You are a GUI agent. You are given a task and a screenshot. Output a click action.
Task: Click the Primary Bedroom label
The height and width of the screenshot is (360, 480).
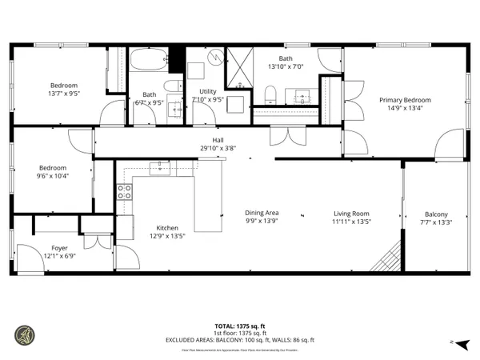[x=405, y=100]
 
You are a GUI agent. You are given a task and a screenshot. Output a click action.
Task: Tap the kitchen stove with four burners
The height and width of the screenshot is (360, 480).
[x=125, y=192]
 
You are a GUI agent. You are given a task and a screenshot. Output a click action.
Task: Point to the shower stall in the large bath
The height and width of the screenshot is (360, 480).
[x=238, y=67]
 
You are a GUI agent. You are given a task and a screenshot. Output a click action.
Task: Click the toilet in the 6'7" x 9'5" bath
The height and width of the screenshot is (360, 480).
[x=171, y=86]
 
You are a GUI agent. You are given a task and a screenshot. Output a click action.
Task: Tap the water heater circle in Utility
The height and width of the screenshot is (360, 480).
[x=217, y=58]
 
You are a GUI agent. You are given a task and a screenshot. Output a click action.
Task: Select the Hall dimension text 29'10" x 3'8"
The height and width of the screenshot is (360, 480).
[x=217, y=148]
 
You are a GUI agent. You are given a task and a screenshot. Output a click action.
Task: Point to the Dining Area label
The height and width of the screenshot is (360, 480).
[x=261, y=213]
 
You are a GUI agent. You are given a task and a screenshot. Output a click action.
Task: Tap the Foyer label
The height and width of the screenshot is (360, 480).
[x=59, y=248]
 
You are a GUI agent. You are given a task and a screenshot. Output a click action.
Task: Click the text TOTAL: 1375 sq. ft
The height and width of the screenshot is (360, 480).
[x=240, y=326]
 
